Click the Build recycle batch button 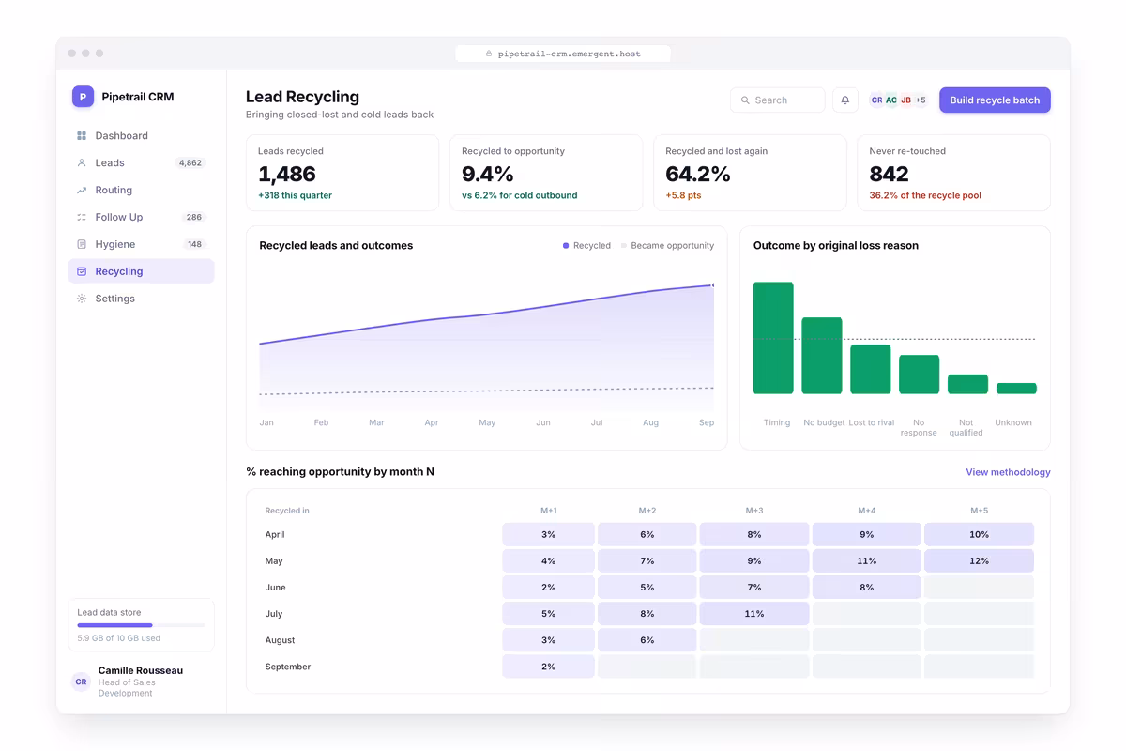point(995,100)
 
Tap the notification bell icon point(845,100)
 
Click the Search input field point(777,100)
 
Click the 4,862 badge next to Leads point(190,162)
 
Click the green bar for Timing point(773,338)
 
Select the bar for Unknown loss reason point(1016,389)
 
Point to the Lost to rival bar point(870,369)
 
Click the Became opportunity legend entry point(667,245)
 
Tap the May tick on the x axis point(487,422)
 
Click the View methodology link point(1008,472)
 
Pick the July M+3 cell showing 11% point(754,614)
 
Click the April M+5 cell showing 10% point(979,534)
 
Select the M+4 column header point(867,511)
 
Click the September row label point(287,667)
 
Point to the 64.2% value point(697,174)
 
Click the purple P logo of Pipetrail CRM point(83,97)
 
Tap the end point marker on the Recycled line point(713,285)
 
